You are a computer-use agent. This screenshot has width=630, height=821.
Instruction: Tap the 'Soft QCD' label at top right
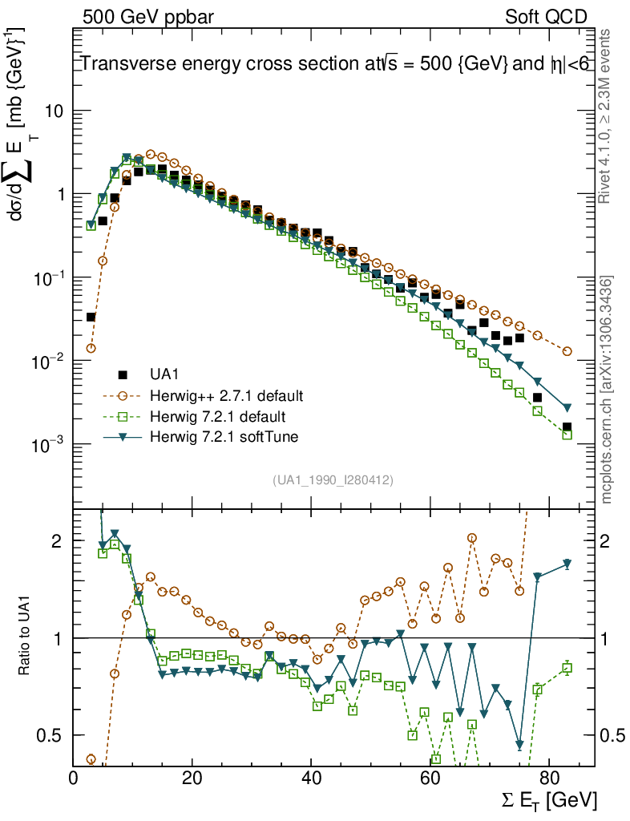coord(546,17)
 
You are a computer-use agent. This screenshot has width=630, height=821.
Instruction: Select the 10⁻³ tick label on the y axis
coord(47,445)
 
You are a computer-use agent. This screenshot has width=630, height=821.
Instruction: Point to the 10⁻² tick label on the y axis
coord(47,362)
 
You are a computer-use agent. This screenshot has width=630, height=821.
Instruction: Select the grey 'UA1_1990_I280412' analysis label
coord(333,480)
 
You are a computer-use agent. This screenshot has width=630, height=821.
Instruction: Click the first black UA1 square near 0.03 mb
coord(91,317)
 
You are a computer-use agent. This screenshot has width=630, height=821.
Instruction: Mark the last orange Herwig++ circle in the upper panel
coord(567,351)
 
